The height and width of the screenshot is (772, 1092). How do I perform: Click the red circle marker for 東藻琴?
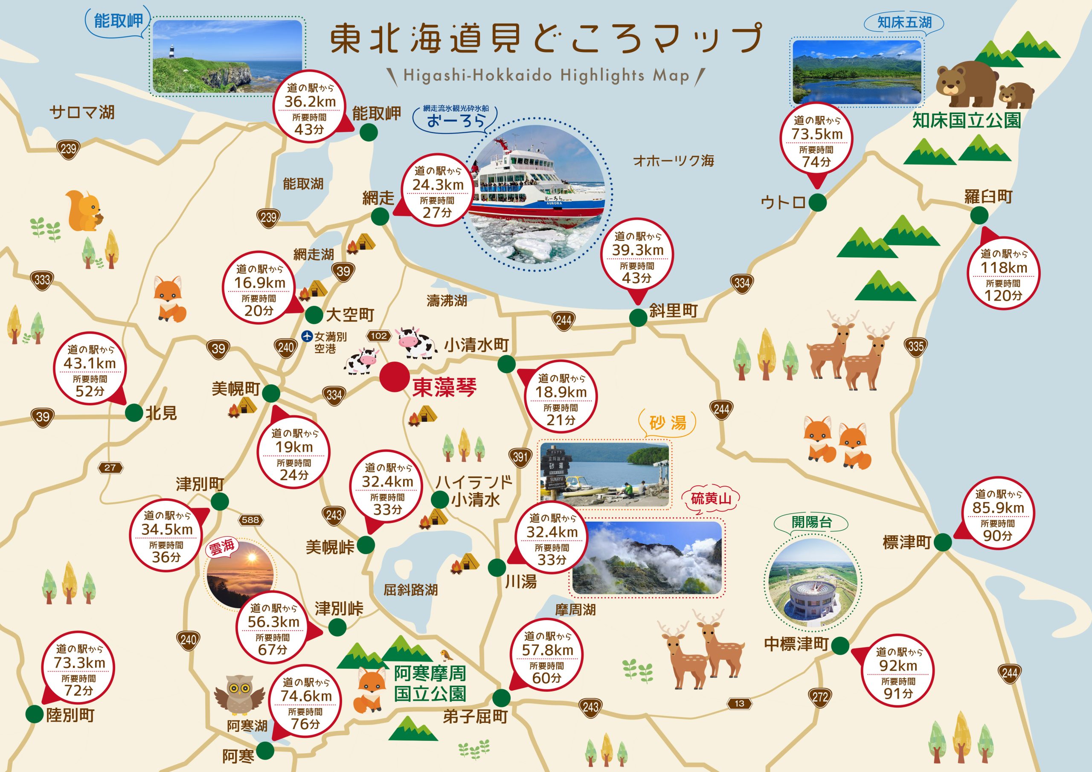(395, 377)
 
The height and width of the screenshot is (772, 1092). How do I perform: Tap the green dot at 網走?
(380, 217)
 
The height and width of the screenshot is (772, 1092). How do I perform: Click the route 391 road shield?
(520, 457)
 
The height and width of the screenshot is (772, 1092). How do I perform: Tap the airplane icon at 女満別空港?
(307, 336)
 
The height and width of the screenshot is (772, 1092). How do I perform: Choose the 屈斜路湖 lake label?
(410, 590)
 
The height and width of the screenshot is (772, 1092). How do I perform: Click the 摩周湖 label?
(575, 610)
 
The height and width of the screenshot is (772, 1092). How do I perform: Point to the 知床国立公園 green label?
(967, 120)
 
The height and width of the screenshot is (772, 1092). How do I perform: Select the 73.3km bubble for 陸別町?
(79, 669)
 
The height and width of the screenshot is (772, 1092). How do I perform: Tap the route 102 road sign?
(379, 336)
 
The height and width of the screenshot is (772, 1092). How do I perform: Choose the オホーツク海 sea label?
(674, 161)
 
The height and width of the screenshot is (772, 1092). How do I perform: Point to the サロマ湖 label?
(82, 112)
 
